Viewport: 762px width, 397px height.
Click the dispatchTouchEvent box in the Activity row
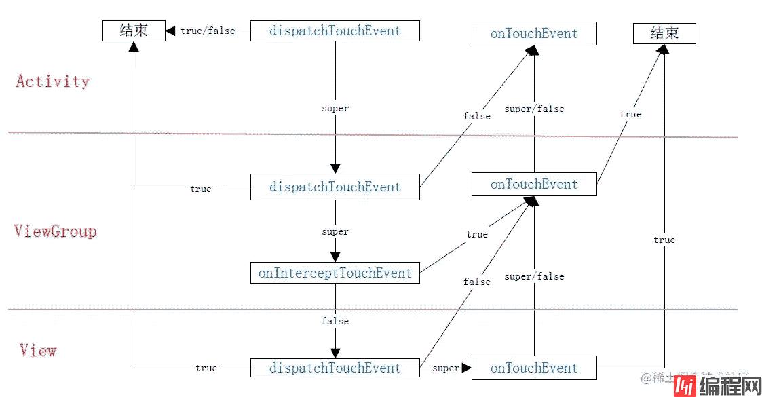(x=335, y=31)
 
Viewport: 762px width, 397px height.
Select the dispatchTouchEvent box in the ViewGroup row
(x=335, y=187)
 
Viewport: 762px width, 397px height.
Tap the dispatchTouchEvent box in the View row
(x=335, y=368)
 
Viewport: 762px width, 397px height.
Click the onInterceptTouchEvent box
(x=335, y=273)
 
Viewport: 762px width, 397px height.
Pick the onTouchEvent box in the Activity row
(x=534, y=33)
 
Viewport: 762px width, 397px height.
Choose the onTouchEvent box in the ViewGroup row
(x=534, y=184)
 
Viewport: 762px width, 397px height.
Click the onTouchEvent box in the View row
(x=534, y=368)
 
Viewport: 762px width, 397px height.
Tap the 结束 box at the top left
(x=134, y=31)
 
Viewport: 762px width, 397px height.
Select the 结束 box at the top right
(x=664, y=33)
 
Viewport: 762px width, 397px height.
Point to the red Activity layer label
(x=53, y=81)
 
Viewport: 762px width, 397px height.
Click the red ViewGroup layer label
(x=56, y=231)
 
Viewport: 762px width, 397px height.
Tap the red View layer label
(x=38, y=351)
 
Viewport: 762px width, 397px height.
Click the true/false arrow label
(x=208, y=31)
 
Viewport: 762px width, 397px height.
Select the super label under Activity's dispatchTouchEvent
(x=335, y=108)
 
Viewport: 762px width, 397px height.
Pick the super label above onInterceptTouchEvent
(x=335, y=231)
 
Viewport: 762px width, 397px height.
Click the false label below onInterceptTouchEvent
(x=335, y=320)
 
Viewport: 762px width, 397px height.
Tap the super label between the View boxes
(x=445, y=368)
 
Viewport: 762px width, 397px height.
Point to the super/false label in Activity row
(x=534, y=109)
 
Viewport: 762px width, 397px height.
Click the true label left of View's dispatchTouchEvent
(x=206, y=368)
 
